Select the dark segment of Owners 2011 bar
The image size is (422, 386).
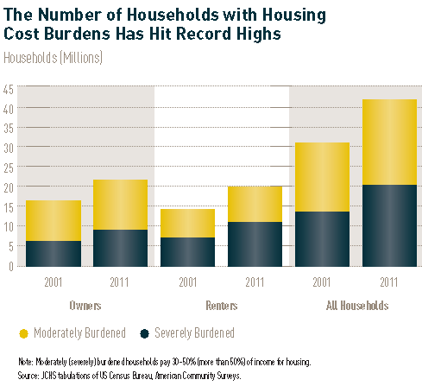click(120, 247)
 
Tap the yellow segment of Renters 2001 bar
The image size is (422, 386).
click(187, 223)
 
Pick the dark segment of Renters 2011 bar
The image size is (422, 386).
click(255, 244)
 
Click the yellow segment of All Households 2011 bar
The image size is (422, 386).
click(389, 142)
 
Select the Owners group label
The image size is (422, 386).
click(85, 305)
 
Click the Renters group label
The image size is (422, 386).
click(220, 305)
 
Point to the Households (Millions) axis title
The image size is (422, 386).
click(54, 58)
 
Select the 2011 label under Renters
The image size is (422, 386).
click(255, 281)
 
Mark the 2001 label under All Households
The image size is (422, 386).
click(322, 281)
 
